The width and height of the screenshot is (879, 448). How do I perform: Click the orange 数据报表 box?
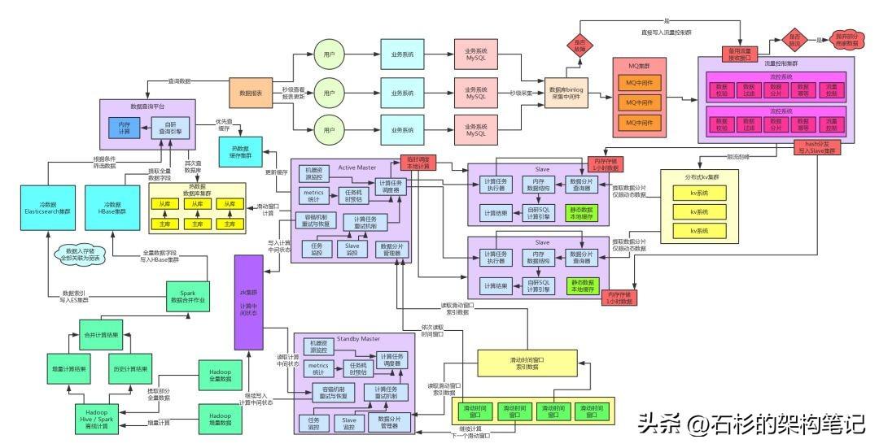tap(251, 94)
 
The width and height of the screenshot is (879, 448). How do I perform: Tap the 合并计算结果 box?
tap(101, 335)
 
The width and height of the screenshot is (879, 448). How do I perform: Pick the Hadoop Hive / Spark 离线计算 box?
tap(102, 418)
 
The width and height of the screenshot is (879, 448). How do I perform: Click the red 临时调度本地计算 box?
tap(418, 163)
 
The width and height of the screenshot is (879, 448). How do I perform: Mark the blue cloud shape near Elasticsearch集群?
tap(77, 255)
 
